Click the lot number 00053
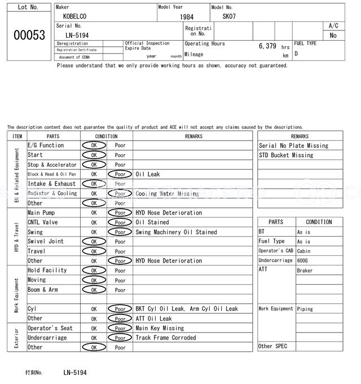pos(29,34)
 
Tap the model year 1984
pos(187,17)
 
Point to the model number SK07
pos(229,16)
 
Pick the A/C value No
pos(333,36)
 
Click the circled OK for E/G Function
pos(94,146)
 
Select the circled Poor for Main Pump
pos(120,213)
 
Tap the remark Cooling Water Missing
pos(167,194)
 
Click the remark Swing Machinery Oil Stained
pos(176,232)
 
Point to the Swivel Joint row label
pos(46,242)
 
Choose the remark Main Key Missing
pos(160,328)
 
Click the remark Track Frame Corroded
pos(166,338)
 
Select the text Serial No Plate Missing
pos(293,146)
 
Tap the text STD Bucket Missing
pos(286,155)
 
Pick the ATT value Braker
pos(305,270)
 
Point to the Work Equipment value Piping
pos(305,309)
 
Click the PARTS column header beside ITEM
pos(53,136)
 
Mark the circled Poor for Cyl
pos(120,309)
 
